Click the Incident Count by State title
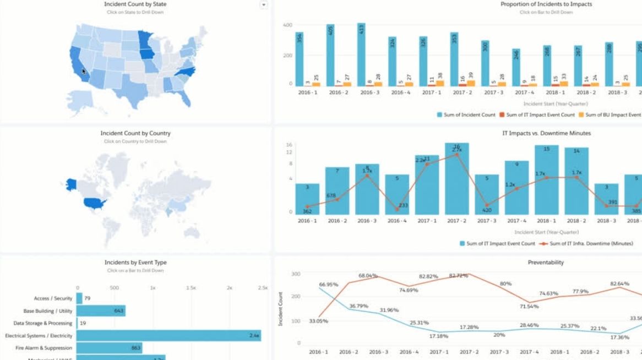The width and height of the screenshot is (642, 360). coord(135,4)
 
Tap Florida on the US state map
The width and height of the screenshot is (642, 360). coord(186,97)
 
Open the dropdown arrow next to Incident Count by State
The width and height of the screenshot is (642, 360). coord(263,5)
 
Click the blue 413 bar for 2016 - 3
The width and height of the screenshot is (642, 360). coord(361,55)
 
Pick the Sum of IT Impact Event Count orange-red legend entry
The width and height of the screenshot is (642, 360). coord(537,114)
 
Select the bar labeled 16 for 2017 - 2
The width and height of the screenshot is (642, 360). coord(456,179)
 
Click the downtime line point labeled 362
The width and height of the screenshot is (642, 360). coord(307,206)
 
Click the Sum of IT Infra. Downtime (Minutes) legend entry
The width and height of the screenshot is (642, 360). coord(587,243)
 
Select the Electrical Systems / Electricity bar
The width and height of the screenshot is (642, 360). coord(168,335)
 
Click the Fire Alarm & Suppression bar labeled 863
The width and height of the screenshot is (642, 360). coord(109,348)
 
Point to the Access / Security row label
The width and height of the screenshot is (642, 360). coord(53,298)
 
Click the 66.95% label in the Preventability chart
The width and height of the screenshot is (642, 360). coord(328,285)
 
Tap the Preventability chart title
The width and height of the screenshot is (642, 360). coord(546,263)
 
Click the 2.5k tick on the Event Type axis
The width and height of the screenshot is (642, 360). coord(263,288)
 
